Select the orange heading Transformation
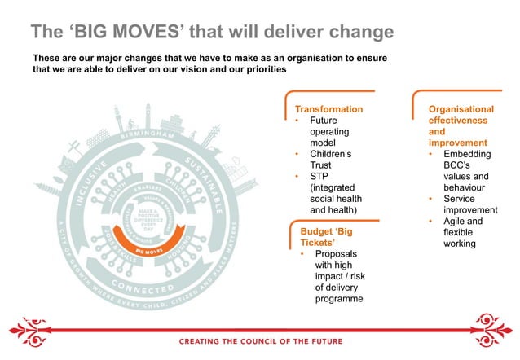coord(328,108)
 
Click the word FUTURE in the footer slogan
coord(324,341)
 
